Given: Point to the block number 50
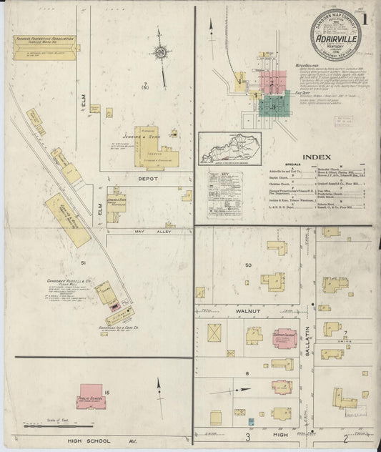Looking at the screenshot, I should pyautogui.click(x=248, y=266).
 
